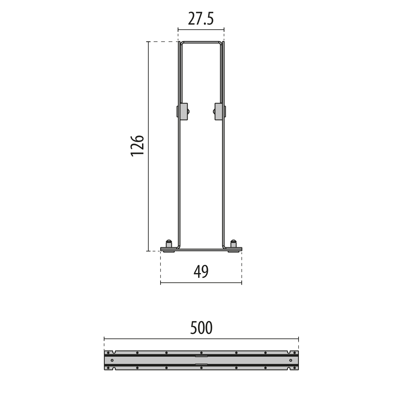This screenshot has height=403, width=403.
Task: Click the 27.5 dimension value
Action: (x=201, y=19)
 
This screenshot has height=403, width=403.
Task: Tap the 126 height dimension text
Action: (x=137, y=146)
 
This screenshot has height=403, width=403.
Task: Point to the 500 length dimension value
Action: (x=201, y=328)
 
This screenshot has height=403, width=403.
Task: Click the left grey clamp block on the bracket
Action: (x=184, y=111)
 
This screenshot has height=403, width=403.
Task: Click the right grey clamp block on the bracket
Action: (x=219, y=111)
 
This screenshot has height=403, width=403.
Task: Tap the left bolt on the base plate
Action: (x=169, y=244)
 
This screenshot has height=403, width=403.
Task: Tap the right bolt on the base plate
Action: (x=233, y=244)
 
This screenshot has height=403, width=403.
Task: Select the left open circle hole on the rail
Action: (x=112, y=360)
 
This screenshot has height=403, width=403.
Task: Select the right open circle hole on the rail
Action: (x=290, y=360)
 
